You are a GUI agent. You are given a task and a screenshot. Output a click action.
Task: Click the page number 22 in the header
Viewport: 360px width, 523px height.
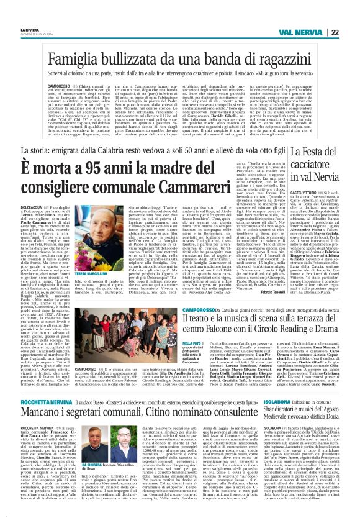tap(334, 32)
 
